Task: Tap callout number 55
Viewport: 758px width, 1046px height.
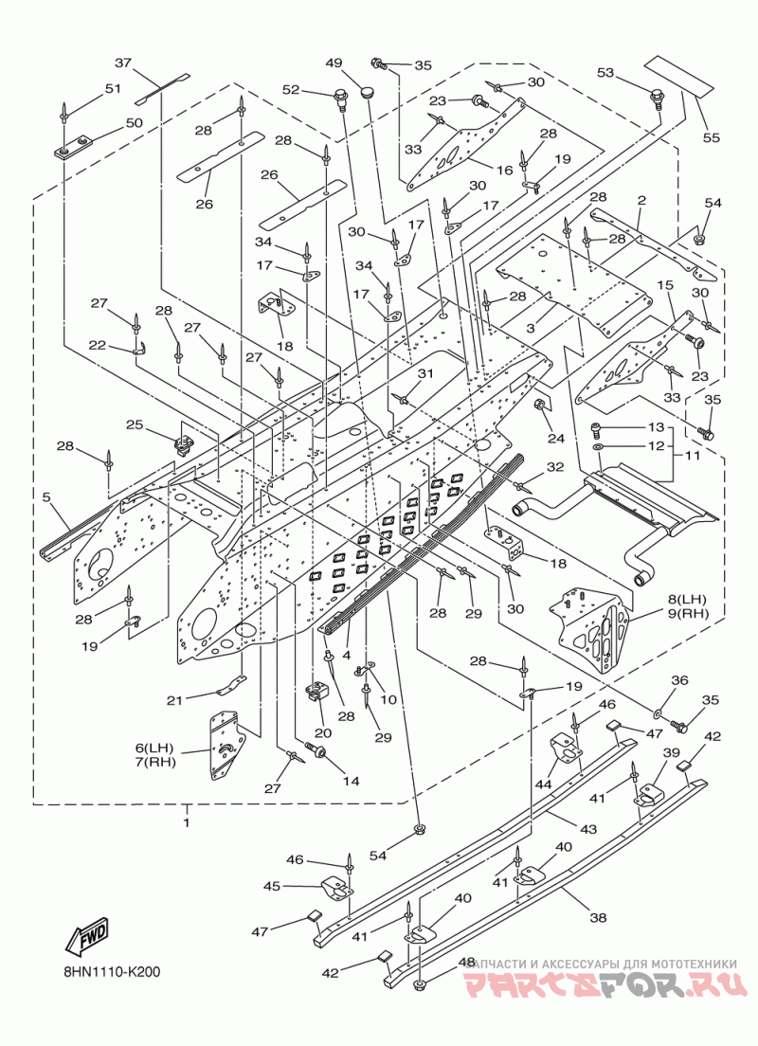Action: click(712, 136)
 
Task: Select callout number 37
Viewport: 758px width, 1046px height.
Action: click(123, 63)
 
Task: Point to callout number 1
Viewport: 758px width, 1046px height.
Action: click(187, 822)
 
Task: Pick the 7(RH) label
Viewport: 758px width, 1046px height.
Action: click(155, 762)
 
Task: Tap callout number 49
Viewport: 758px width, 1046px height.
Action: click(334, 63)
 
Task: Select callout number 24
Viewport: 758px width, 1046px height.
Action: click(556, 439)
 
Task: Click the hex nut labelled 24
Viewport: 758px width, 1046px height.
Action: click(538, 405)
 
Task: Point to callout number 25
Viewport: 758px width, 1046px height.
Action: click(135, 424)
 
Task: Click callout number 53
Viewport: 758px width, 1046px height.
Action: click(605, 72)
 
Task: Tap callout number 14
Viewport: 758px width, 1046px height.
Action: click(352, 781)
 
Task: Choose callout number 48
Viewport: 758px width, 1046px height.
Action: click(467, 963)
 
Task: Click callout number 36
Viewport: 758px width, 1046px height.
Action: click(679, 680)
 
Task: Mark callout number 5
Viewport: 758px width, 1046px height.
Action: click(46, 497)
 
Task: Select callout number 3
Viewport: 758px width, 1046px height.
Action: click(531, 328)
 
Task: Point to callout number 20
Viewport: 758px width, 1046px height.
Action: click(324, 732)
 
